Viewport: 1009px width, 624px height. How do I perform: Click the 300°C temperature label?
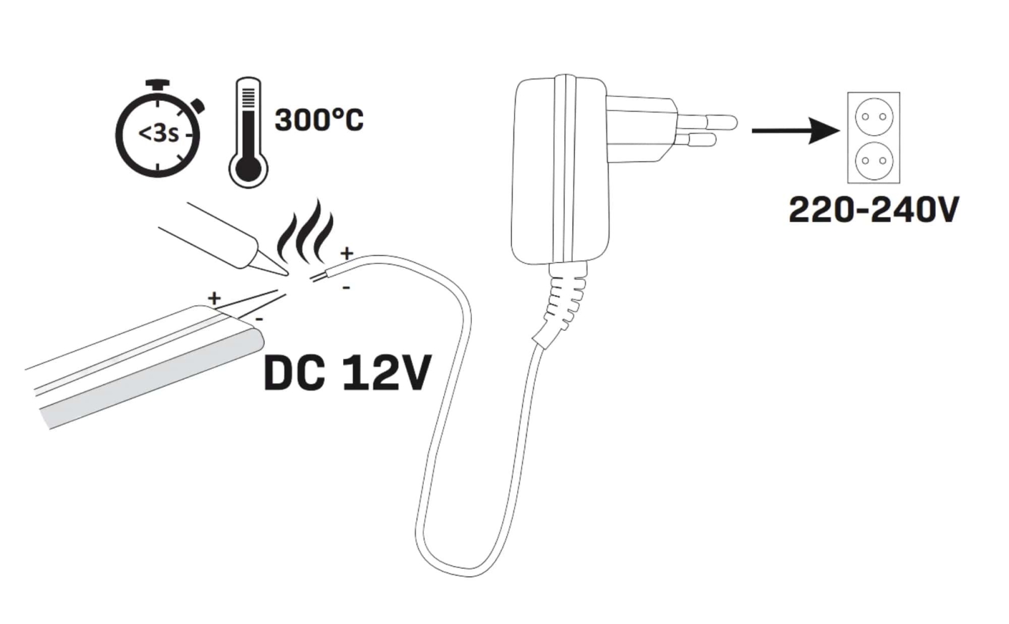pyautogui.click(x=319, y=120)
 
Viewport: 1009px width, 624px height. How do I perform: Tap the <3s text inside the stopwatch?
pyautogui.click(x=158, y=134)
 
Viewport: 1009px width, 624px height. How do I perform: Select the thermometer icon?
pyautogui.click(x=248, y=132)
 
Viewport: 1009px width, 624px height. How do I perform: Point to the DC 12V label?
pyautogui.click(x=347, y=373)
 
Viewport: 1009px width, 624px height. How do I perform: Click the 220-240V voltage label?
pyautogui.click(x=873, y=209)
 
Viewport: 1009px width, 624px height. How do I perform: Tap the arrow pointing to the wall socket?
pyautogui.click(x=796, y=131)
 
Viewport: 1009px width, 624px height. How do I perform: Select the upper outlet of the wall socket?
pyautogui.click(x=873, y=117)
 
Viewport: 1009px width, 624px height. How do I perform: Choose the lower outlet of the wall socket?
pyautogui.click(x=873, y=160)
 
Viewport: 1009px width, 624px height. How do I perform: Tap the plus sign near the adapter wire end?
pyautogui.click(x=346, y=253)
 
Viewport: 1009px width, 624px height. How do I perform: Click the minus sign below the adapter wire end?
pyautogui.click(x=346, y=288)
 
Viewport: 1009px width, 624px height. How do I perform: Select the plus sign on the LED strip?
pyautogui.click(x=214, y=298)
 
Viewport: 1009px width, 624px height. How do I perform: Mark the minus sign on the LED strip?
pyautogui.click(x=259, y=319)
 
